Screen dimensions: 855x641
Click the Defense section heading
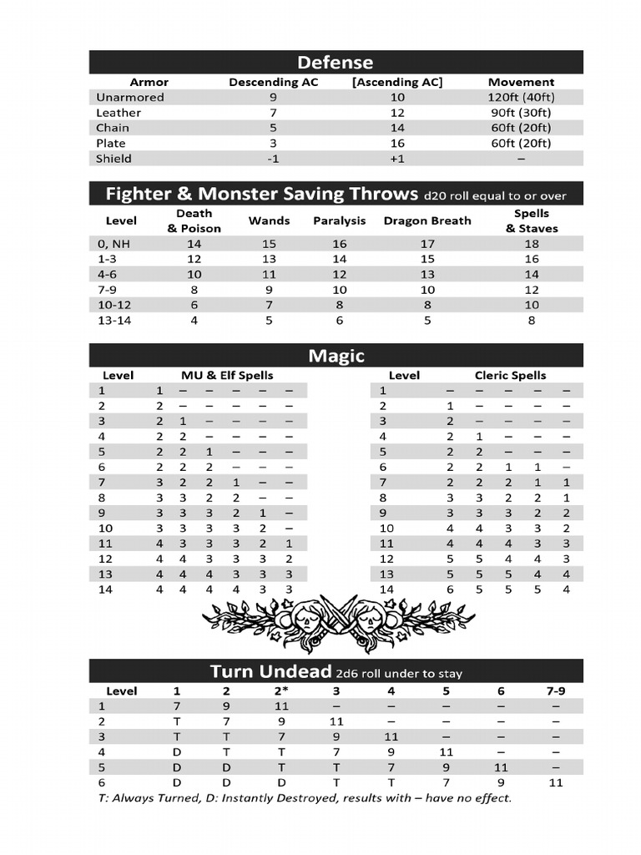336,63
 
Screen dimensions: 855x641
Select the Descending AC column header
274,82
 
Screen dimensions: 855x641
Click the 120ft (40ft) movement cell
521,97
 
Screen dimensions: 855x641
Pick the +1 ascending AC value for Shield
396,159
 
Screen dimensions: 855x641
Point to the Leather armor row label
119,113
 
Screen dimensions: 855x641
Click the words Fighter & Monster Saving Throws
261,195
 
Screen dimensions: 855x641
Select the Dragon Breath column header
426,221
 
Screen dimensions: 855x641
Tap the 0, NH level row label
114,244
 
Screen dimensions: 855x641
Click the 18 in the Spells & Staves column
532,244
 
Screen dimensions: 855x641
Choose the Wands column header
269,221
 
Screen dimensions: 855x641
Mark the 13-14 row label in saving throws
114,320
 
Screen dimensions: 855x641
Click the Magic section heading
336,356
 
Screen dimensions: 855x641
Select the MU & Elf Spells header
227,376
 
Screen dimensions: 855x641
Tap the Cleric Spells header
511,376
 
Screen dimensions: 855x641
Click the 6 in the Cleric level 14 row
450,589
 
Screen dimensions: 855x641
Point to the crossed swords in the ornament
337,616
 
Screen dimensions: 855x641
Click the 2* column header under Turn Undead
281,691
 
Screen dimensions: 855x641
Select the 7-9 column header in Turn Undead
555,691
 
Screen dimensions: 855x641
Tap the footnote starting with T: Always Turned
304,798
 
